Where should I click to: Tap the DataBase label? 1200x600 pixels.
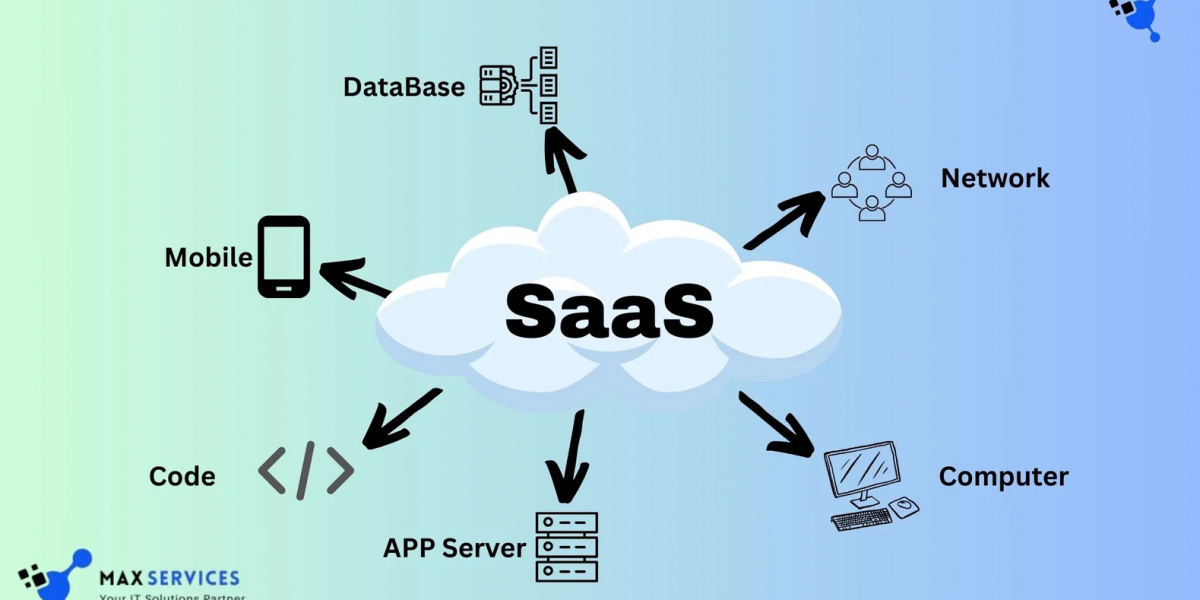[x=404, y=87]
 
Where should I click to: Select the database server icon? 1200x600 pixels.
[x=519, y=85]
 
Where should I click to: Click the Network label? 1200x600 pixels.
[x=995, y=178]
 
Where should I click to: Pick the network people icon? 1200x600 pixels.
[x=872, y=183]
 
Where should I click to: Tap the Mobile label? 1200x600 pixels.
[x=208, y=257]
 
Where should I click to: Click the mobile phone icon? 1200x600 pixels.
[x=284, y=257]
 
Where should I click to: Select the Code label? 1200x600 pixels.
[x=182, y=476]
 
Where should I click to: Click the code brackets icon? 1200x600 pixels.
[x=306, y=469]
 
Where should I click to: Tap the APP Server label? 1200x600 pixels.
[x=454, y=548]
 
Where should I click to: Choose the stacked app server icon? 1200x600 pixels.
[x=567, y=546]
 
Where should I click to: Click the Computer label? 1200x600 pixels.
[x=1003, y=477]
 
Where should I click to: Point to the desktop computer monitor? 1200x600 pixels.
[x=861, y=470]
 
